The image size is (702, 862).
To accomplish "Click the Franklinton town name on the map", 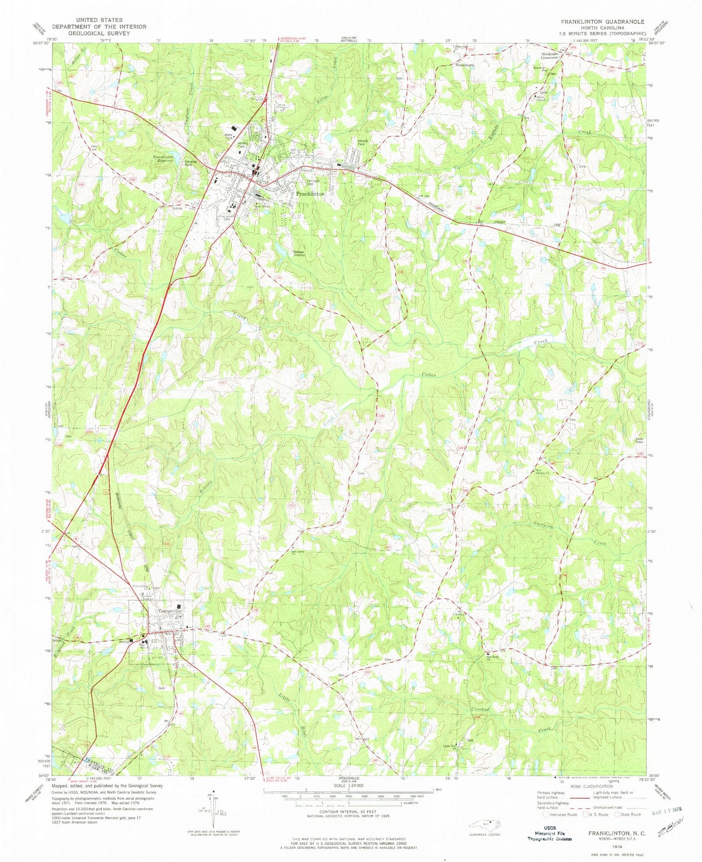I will [x=309, y=193].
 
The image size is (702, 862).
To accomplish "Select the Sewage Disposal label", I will [x=299, y=253].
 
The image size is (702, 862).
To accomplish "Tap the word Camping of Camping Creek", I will [x=544, y=526].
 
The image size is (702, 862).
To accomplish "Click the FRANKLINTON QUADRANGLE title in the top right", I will [x=605, y=22].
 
